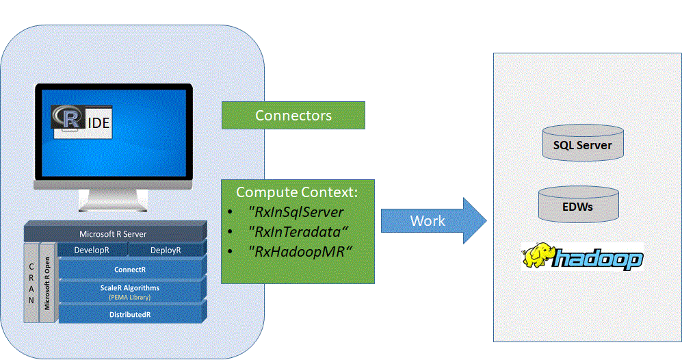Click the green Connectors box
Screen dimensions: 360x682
[293, 116]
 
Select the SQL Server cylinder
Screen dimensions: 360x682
[582, 144]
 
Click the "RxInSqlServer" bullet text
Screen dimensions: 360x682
[296, 211]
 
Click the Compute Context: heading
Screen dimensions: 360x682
[297, 191]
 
